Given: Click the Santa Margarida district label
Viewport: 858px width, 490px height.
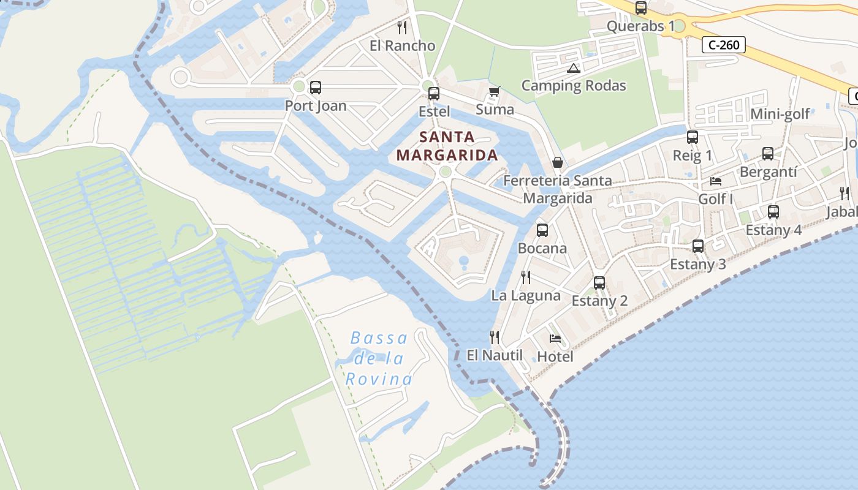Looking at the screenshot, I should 447,146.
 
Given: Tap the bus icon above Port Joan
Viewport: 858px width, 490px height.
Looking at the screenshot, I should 316,88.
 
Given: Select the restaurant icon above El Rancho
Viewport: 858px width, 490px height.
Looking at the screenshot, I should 402,27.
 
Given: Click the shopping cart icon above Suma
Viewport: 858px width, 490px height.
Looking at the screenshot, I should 495,92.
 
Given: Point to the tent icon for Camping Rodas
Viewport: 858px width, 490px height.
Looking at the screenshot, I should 573,68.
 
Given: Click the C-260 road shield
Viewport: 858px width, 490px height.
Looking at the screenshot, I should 724,44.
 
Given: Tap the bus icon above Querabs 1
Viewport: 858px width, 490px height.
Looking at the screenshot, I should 641,8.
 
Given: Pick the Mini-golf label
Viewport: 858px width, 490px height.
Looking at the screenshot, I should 780,114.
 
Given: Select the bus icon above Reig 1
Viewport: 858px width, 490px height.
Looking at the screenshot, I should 693,137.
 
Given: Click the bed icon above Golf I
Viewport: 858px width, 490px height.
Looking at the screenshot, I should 715,181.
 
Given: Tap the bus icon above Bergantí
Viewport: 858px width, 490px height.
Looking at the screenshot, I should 768,154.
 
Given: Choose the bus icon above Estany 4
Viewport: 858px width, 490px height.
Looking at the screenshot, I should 773,212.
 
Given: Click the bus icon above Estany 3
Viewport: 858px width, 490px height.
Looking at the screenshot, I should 698,246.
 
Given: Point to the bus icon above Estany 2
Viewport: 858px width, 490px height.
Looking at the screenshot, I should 599,283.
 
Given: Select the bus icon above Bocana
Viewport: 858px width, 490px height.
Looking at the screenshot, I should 542,230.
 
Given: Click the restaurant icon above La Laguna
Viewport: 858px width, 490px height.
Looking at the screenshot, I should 526,277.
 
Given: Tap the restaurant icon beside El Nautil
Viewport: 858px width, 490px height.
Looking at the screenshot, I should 495,337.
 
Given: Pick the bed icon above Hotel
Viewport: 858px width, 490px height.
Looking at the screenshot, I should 555,339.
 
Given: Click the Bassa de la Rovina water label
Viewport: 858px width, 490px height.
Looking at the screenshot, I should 379,358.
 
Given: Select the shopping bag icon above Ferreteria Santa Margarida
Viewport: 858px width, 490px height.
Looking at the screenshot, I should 558,162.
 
